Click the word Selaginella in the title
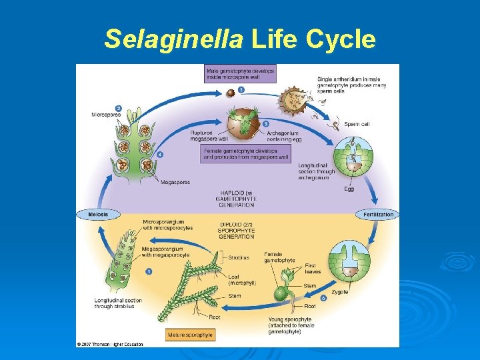pyautogui.click(x=174, y=40)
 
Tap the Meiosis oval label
pyautogui.click(x=93, y=214)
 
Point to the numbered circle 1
pyautogui.click(x=149, y=271)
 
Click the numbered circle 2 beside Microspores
pyautogui.click(x=118, y=108)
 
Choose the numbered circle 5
pyautogui.click(x=266, y=124)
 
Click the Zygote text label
pyautogui.click(x=340, y=292)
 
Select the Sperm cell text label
pyautogui.click(x=357, y=124)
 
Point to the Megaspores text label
pyautogui.click(x=175, y=182)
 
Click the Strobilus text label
pyautogui.click(x=238, y=257)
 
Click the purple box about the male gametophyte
pyautogui.click(x=240, y=73)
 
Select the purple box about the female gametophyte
pyautogui.click(x=246, y=154)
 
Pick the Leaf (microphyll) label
pyautogui.click(x=241, y=279)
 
